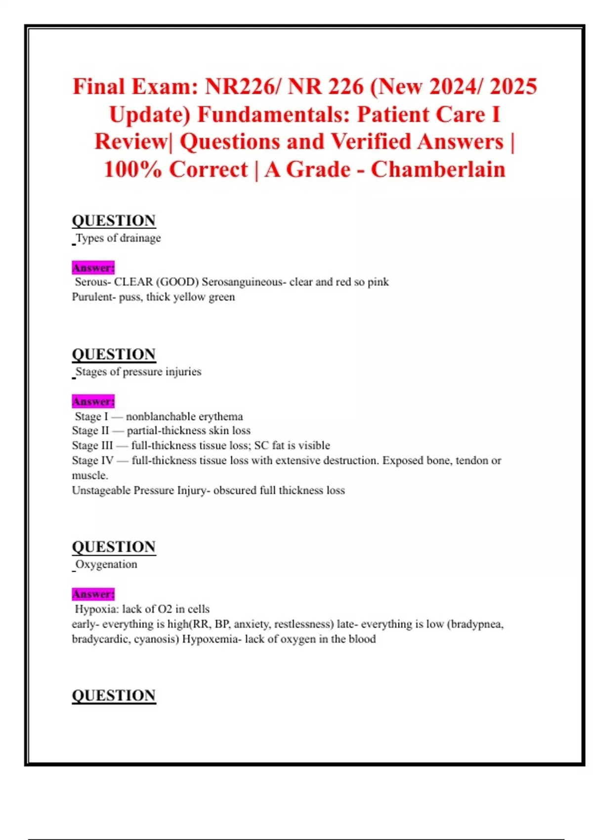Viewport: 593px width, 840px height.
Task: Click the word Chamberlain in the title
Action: [x=438, y=169]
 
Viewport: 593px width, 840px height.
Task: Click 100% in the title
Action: [x=132, y=169]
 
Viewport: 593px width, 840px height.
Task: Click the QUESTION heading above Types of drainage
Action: [x=114, y=220]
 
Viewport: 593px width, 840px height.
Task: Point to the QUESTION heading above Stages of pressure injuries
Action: [x=114, y=354]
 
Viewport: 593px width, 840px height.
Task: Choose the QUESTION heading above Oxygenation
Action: [x=114, y=546]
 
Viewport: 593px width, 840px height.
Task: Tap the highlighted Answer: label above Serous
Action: [x=93, y=268]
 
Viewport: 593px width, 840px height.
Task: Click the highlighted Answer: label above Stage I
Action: [x=93, y=401]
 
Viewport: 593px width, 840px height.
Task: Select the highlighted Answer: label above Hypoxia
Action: [x=93, y=594]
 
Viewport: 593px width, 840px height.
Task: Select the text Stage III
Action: [x=92, y=446]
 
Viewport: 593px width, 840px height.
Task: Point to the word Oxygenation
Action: [x=106, y=564]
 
